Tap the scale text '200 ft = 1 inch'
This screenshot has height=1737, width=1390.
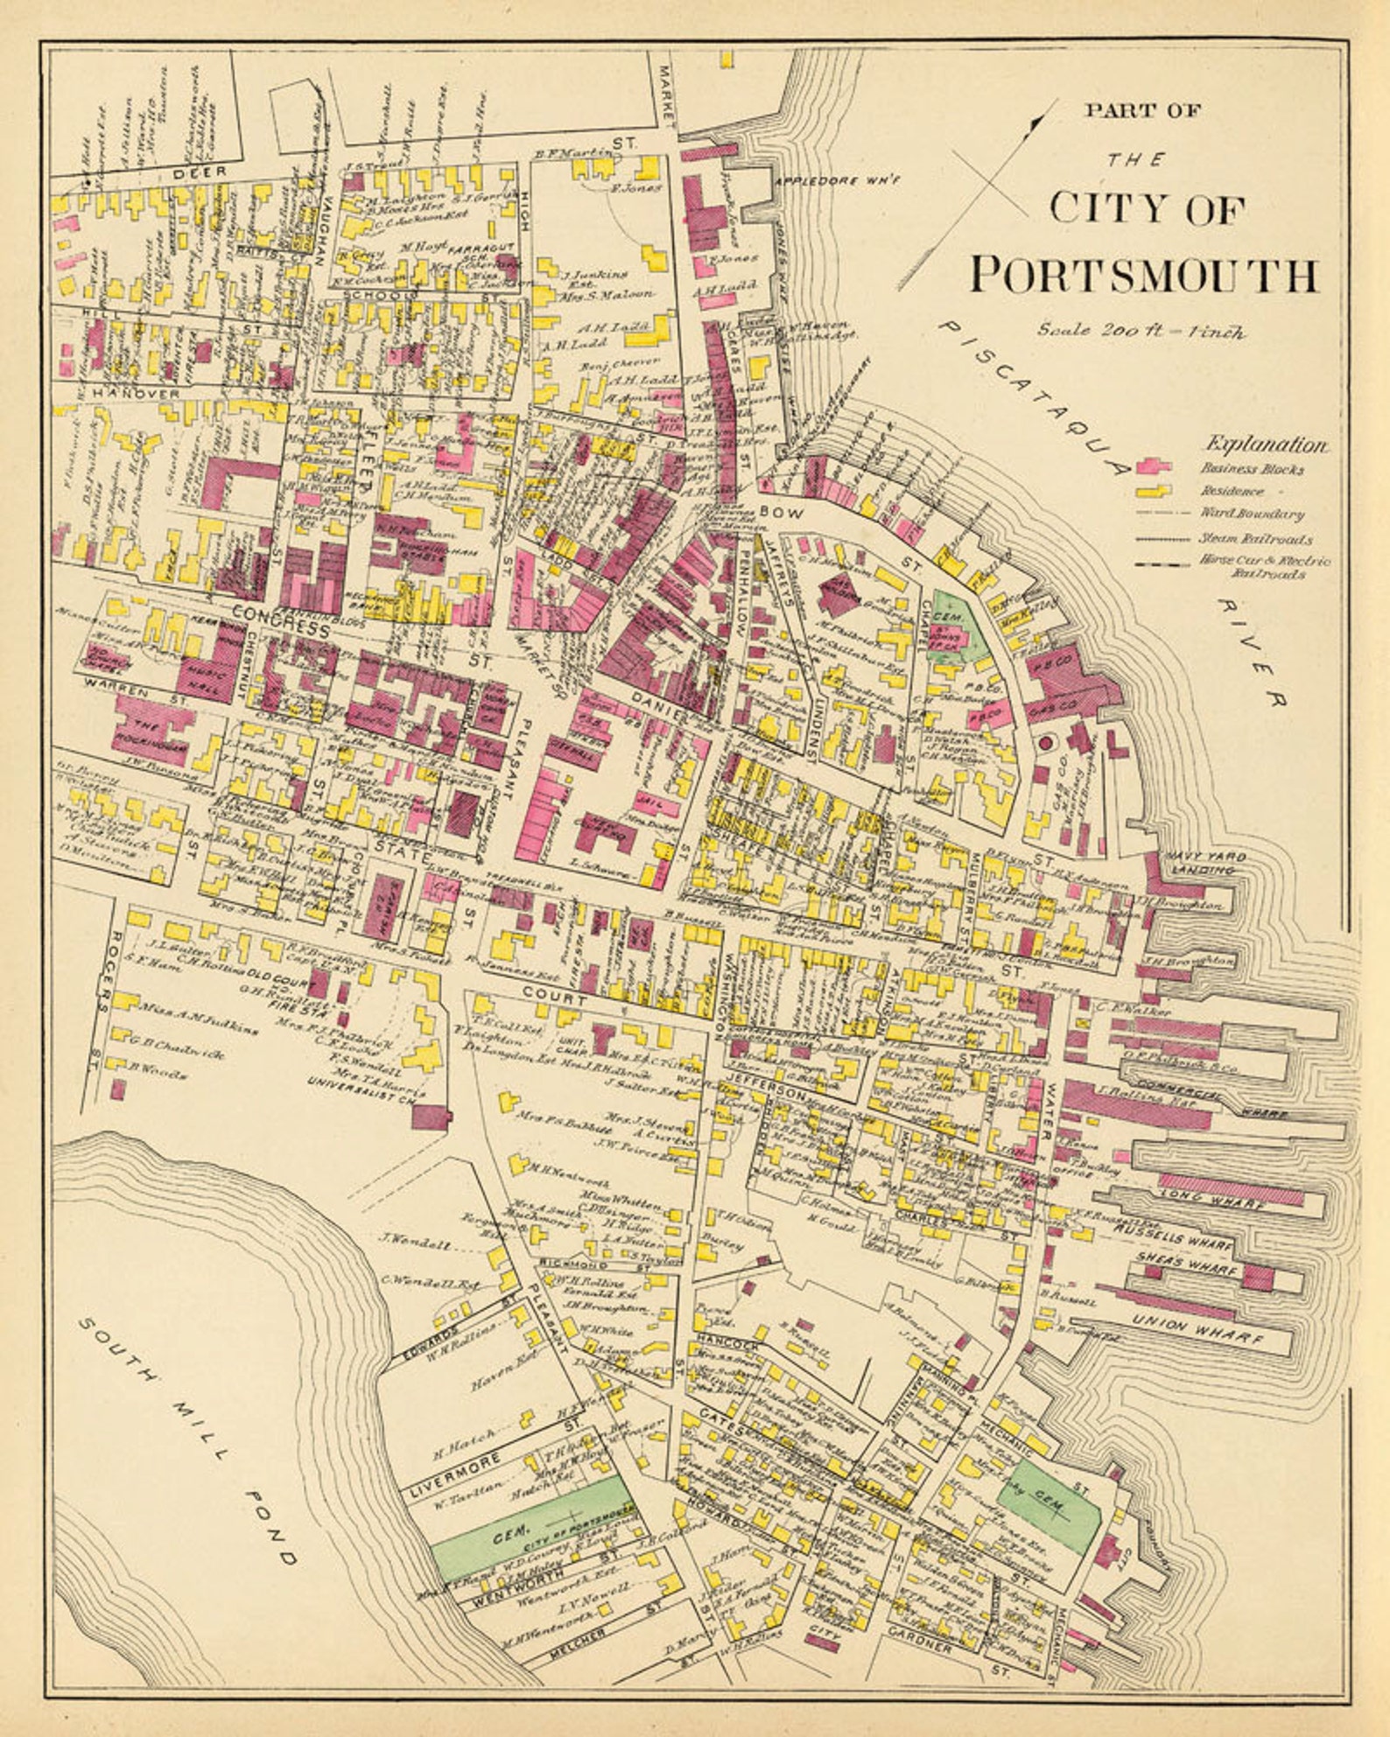point(1142,331)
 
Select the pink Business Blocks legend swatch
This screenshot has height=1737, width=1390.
point(1155,466)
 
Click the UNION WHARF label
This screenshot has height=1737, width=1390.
point(1198,1330)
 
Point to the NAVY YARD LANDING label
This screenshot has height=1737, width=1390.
point(1204,863)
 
